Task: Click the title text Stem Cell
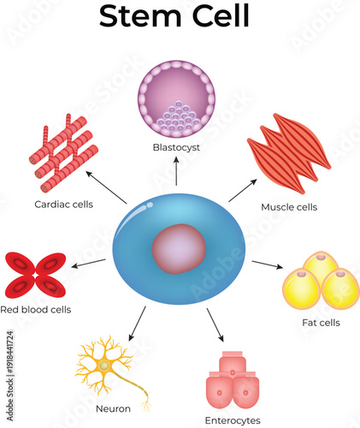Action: tap(174, 16)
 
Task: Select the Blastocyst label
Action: tap(175, 146)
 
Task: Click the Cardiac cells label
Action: tap(63, 205)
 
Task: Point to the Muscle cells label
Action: tap(289, 207)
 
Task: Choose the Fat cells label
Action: tap(322, 323)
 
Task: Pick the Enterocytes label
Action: tap(233, 419)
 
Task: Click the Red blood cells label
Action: tap(36, 309)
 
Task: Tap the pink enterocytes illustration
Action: tap(233, 382)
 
